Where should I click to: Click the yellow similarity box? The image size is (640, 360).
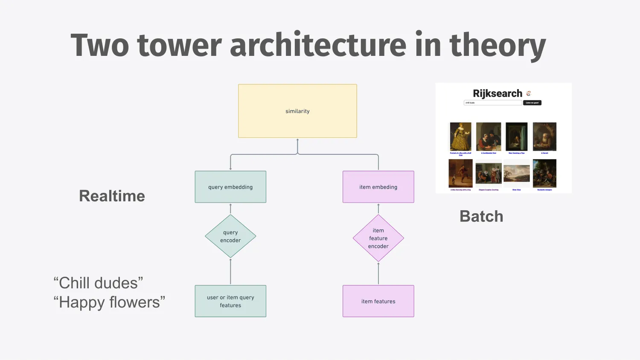(x=297, y=111)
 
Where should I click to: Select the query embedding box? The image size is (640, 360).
(x=230, y=187)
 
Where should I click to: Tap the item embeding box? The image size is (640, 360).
(x=378, y=187)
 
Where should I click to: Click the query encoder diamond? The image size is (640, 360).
(x=230, y=236)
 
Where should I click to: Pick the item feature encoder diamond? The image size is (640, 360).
(x=378, y=238)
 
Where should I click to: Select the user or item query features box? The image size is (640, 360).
(x=230, y=301)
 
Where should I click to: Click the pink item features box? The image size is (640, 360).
(x=378, y=301)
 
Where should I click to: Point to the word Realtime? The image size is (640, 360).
(x=112, y=196)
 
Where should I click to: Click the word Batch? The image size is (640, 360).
(x=481, y=217)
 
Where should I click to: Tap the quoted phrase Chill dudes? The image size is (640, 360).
(x=98, y=283)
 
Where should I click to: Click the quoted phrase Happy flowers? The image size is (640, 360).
(x=109, y=302)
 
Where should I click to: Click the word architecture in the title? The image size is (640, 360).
(x=318, y=45)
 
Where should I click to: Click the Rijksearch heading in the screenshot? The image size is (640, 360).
(x=497, y=93)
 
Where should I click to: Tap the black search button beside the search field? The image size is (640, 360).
(x=532, y=103)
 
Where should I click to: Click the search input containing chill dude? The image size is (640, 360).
(x=492, y=103)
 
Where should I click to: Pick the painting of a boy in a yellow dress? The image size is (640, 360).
(x=461, y=136)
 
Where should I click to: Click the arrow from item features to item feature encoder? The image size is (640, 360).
(x=378, y=273)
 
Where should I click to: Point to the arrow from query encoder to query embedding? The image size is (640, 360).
(x=230, y=209)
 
